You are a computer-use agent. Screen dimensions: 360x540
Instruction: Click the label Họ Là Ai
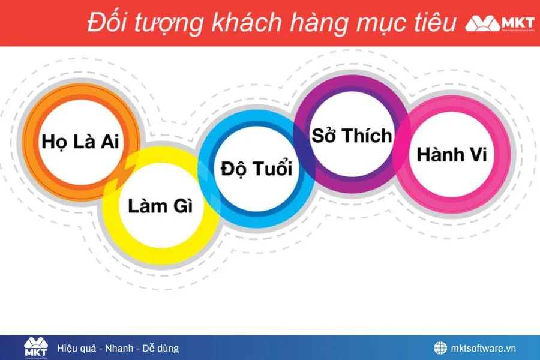click(80, 142)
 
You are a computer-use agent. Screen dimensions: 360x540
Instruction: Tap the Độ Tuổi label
click(256, 169)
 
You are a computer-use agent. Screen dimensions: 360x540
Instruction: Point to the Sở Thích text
click(352, 136)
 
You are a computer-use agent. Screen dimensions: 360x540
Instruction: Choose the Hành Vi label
click(452, 154)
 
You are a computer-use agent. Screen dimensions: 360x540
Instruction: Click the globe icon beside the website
click(440, 348)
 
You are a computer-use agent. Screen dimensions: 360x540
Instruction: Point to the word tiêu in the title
click(432, 23)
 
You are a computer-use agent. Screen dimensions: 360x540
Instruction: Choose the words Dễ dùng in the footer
click(160, 348)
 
